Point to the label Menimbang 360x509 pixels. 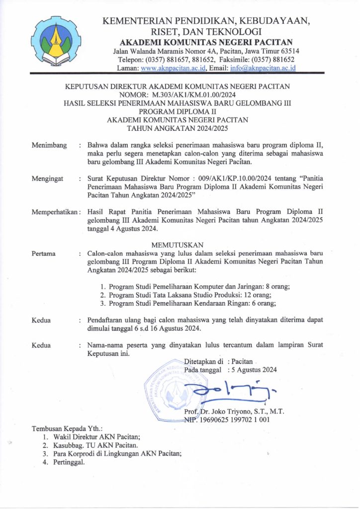pyautogui.click(x=49, y=145)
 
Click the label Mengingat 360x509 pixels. pyautogui.click(x=48, y=178)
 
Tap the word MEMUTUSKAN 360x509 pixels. pyautogui.click(x=180, y=244)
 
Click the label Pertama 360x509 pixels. pyautogui.click(x=44, y=253)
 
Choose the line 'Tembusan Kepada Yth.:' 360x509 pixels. pyautogui.click(x=67, y=428)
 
